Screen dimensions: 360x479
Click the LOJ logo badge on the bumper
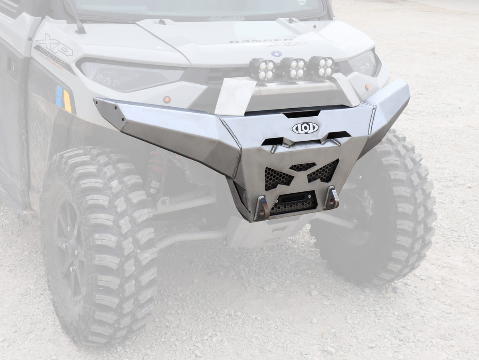point(305,128)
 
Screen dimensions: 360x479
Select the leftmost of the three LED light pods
point(263,70)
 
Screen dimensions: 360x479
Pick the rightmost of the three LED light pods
point(322,67)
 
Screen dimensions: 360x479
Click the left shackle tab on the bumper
point(262,208)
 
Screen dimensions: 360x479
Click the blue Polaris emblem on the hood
point(276,54)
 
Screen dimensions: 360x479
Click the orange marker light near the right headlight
point(367,87)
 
